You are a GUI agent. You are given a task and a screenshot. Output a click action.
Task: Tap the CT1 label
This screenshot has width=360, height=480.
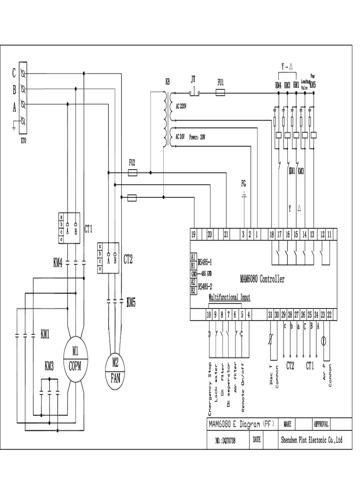click(x=88, y=229)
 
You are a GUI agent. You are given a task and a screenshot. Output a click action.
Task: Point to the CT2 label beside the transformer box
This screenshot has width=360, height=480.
click(x=128, y=258)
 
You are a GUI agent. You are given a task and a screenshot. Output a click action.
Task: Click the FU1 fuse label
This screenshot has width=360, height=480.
click(x=220, y=82)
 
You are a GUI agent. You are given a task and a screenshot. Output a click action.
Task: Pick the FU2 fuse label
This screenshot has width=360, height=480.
click(x=133, y=163)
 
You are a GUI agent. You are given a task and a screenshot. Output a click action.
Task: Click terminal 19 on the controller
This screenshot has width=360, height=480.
click(x=193, y=235)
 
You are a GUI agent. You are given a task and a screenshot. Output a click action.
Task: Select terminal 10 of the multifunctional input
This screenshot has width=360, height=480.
click(x=209, y=315)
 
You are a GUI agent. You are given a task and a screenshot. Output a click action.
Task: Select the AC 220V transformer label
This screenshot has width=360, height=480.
click(x=181, y=106)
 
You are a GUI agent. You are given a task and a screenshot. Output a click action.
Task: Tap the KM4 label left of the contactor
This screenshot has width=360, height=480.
click(x=58, y=264)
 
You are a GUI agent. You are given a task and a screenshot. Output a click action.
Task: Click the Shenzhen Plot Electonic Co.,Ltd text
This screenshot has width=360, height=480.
click(x=311, y=440)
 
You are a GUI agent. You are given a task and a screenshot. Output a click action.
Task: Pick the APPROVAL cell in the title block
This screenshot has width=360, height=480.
click(x=321, y=424)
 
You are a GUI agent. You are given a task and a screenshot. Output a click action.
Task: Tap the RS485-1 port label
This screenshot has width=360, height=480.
click(x=205, y=262)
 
